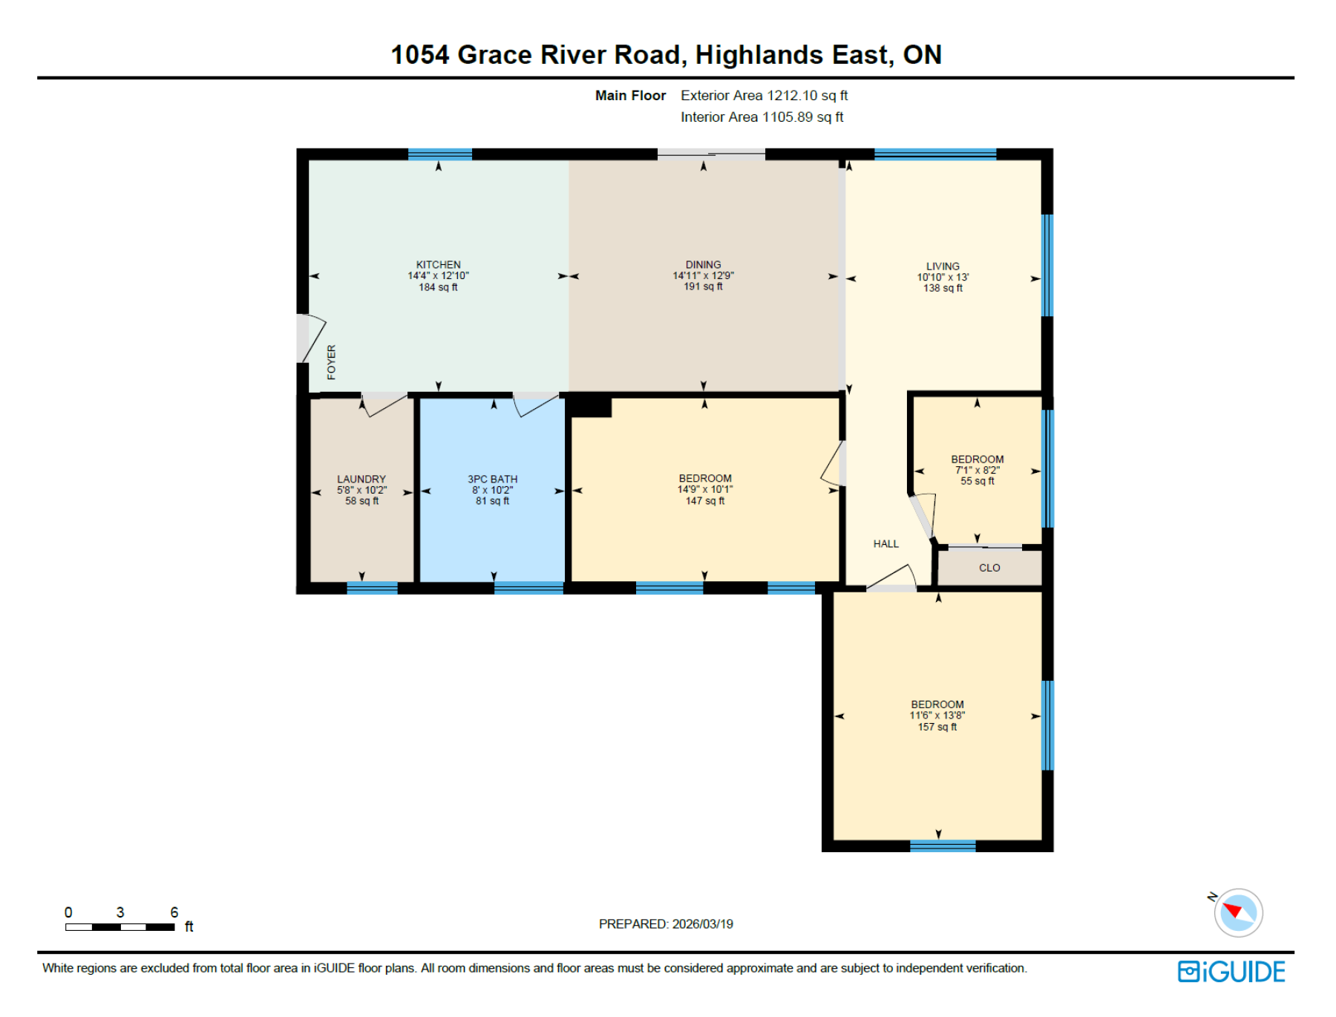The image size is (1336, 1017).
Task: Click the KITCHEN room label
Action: coord(438,264)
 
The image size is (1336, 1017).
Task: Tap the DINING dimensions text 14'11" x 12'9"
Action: coord(703,275)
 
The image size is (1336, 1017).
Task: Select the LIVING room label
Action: coord(943,266)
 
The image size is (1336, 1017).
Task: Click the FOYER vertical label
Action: coord(331,362)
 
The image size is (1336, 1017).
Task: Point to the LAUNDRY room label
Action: coord(361,479)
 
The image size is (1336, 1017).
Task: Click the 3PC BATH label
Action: coord(492,479)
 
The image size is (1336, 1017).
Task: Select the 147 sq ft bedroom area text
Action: coord(704,501)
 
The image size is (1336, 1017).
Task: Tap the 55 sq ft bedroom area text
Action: coord(977,481)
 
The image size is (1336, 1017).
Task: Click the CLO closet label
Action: coord(989,568)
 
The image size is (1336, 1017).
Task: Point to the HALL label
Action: coord(885,544)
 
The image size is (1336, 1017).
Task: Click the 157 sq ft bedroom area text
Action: coord(937,727)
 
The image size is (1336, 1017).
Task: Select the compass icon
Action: coord(1237,912)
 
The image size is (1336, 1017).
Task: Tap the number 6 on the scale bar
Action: coord(174,912)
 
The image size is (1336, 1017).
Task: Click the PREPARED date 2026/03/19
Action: coord(702,924)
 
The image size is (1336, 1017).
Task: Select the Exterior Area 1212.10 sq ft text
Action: coord(764,96)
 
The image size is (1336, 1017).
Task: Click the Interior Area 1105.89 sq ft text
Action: coord(762,117)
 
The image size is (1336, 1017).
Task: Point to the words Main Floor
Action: coord(630,96)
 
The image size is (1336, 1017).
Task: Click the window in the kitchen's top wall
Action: coord(439,154)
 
